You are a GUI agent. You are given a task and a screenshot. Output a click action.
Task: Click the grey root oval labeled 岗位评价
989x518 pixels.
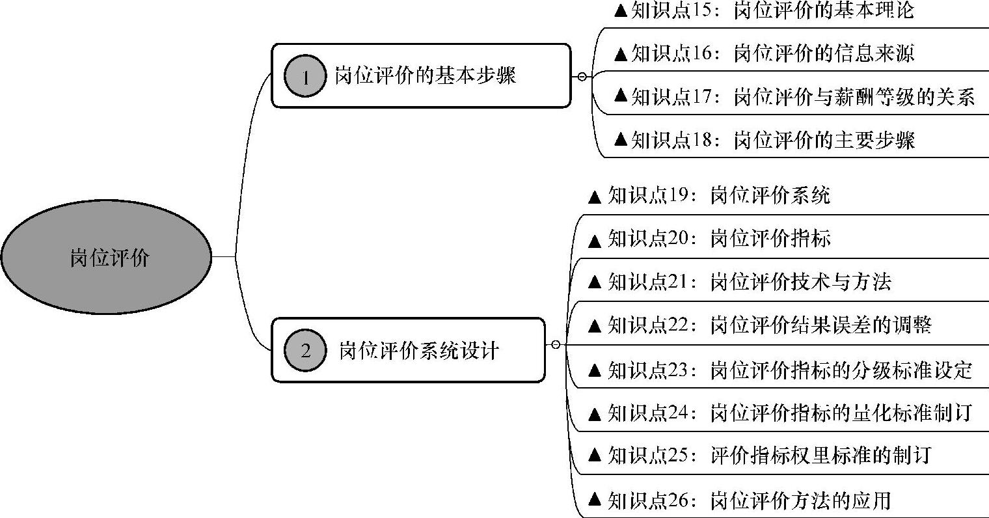[x=107, y=258]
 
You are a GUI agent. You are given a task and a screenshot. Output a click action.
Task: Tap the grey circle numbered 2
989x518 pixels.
[x=305, y=351]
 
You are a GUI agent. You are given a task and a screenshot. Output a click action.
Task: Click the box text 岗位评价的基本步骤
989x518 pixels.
[x=426, y=75]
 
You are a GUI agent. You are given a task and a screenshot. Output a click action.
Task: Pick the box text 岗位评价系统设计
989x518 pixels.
[x=419, y=351]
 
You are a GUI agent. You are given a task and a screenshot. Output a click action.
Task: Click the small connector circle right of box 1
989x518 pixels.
[x=582, y=76]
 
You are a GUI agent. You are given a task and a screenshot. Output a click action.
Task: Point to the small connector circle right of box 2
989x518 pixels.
[x=555, y=344]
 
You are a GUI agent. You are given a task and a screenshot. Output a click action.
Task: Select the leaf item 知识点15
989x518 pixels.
[x=764, y=11]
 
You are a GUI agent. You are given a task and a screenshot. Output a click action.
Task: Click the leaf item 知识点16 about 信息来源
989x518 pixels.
[x=764, y=53]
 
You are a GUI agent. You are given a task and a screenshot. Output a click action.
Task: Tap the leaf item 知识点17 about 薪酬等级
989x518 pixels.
[x=794, y=97]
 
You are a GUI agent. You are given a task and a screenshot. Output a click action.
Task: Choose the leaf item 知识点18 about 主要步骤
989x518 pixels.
[x=764, y=139]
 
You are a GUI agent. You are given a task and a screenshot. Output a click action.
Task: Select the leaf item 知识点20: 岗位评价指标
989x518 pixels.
[x=709, y=239]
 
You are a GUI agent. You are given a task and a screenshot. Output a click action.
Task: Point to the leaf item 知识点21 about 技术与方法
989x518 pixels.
[x=739, y=282]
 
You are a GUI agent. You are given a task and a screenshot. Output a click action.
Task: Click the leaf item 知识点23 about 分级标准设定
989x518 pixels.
[x=779, y=370]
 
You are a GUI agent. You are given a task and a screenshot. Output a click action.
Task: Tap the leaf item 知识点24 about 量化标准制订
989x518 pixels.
[x=779, y=413]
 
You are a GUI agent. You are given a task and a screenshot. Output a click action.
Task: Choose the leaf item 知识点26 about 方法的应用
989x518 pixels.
[x=739, y=500]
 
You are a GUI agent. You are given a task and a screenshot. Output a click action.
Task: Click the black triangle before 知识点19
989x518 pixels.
[x=594, y=197]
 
